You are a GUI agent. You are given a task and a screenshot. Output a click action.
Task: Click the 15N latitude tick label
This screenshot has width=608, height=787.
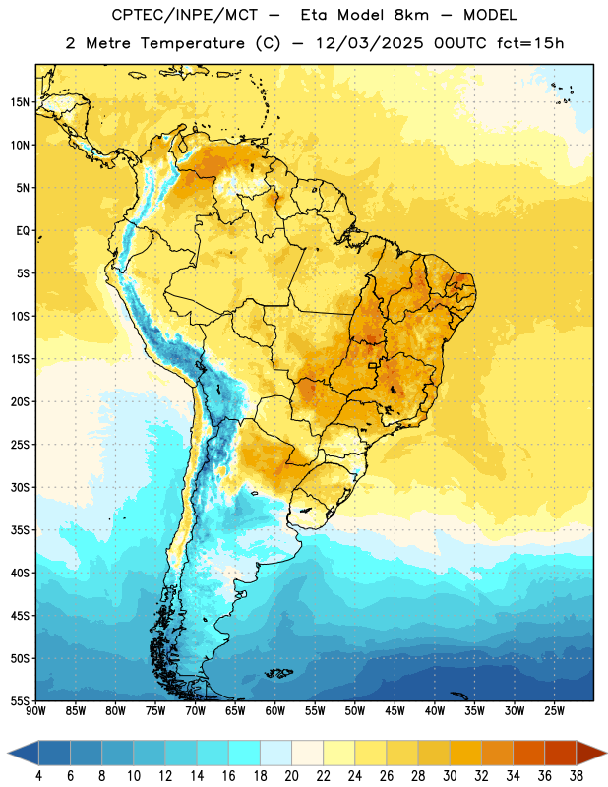coord(20,102)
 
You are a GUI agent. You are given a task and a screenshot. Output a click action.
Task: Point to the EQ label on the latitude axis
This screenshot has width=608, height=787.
coord(23,231)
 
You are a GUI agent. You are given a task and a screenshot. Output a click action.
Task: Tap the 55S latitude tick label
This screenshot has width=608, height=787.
coord(20,700)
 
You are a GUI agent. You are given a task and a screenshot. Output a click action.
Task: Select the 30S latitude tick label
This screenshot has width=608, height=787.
coord(20,487)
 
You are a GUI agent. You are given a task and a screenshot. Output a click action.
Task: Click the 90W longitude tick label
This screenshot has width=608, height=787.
coord(35,711)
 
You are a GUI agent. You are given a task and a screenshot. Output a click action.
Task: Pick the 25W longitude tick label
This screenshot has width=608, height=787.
coord(554,711)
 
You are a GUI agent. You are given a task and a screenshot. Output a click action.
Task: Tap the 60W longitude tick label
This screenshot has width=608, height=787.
coord(275,711)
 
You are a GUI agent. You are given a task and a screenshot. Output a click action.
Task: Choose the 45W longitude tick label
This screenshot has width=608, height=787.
coord(395,711)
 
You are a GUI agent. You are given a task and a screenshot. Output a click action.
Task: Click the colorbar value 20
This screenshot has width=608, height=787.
coord(291,776)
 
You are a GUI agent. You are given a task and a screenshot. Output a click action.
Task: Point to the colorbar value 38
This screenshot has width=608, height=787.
coord(577,776)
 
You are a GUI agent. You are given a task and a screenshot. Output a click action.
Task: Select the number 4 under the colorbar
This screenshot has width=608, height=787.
coord(39,776)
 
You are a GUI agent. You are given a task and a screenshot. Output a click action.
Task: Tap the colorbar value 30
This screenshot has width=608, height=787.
coord(450,776)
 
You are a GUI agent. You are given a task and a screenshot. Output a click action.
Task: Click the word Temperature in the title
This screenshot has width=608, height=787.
coord(192,43)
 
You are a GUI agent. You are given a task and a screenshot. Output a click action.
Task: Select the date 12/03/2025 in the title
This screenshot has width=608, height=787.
coord(370,43)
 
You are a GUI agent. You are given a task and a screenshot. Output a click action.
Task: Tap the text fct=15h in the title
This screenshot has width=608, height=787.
coord(530,43)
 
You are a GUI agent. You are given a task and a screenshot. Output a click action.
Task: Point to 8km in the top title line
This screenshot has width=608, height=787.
coord(411,15)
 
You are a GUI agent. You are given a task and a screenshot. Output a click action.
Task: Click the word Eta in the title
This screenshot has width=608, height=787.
coord(314,15)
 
